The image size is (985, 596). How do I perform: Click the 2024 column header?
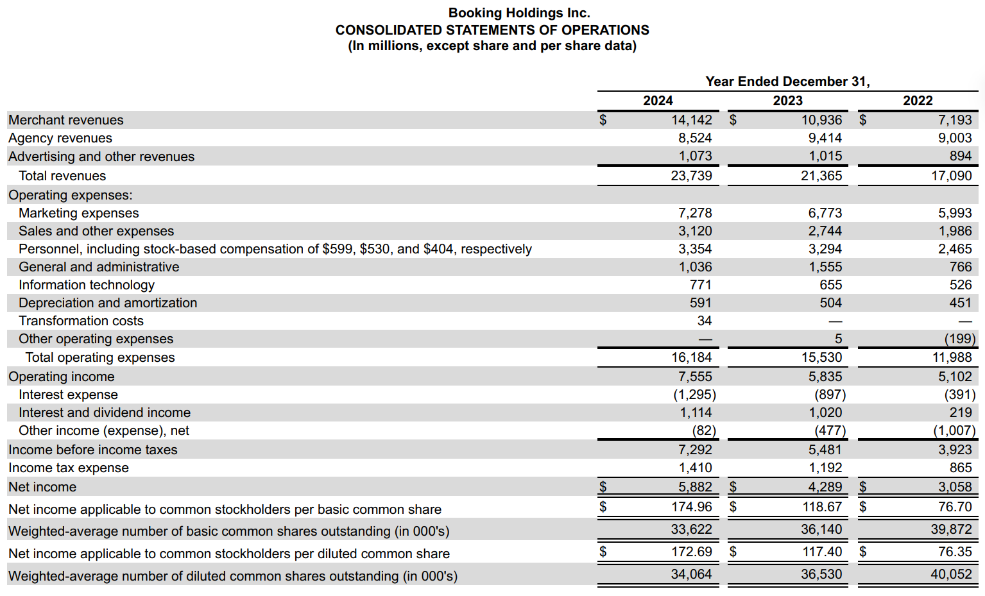point(658,101)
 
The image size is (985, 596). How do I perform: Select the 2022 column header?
point(918,101)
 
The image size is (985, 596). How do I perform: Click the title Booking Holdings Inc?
point(518,13)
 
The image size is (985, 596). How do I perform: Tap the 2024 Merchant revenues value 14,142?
point(691,120)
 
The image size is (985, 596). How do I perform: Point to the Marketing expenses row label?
point(78,213)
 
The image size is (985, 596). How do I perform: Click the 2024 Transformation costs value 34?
point(704,321)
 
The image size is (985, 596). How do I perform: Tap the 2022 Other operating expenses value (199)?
point(959,339)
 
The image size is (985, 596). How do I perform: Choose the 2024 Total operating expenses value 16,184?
point(691,357)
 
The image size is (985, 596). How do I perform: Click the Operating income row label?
point(61,377)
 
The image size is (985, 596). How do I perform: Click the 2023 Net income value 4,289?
point(825,487)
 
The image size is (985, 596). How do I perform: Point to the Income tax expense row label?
point(68,468)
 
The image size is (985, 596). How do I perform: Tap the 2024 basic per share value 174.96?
point(691,507)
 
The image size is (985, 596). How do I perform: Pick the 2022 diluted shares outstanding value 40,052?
point(951,574)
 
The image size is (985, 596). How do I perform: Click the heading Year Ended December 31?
point(787,81)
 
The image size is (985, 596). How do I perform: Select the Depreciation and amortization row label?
point(108,303)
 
